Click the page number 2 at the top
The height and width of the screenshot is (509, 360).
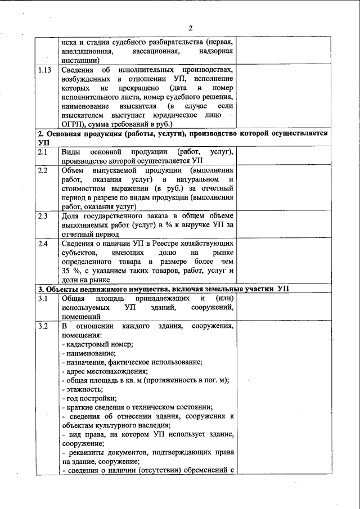191,29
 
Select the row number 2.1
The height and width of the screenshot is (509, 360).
43,152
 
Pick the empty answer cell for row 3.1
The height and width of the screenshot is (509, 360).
282,307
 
